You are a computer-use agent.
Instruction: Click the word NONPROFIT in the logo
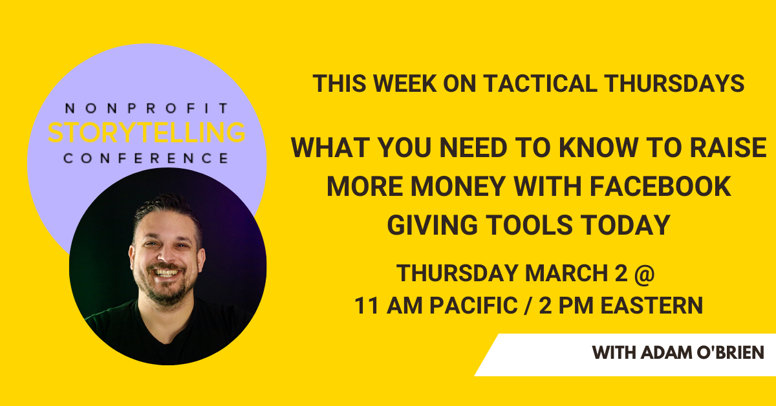[147, 109]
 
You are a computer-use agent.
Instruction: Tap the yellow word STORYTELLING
[147, 133]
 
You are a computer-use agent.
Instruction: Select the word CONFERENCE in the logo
[146, 158]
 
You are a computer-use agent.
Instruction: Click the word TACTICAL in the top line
[541, 84]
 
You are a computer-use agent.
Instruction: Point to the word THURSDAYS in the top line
[674, 84]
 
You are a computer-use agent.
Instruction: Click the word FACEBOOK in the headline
[660, 186]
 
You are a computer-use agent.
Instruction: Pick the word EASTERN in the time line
[652, 306]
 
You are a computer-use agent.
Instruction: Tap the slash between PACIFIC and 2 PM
[528, 306]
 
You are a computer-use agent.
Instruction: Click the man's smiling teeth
[167, 273]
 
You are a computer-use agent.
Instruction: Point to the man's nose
[167, 255]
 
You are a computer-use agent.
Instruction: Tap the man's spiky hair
[166, 207]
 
